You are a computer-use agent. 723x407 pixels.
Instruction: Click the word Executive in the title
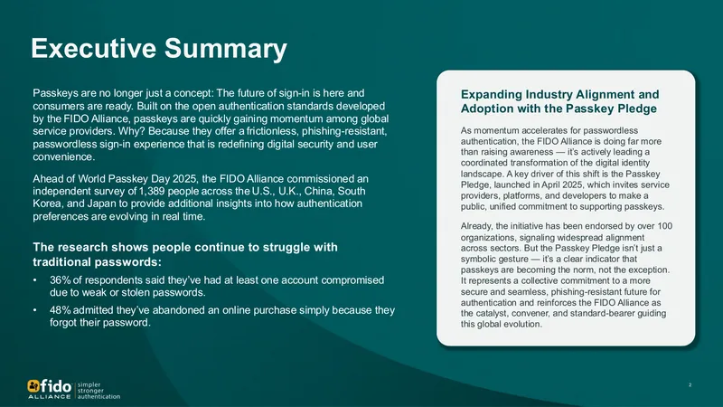94,48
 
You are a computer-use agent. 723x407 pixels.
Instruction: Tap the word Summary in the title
225,49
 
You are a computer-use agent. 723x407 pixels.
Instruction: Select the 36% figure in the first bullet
60,280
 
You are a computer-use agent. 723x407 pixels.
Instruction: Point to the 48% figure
60,310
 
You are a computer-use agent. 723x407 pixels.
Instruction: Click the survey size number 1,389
152,192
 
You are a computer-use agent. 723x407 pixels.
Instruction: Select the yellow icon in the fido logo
33,385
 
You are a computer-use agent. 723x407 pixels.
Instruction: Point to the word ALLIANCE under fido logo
50,396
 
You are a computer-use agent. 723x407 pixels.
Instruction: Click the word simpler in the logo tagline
89,384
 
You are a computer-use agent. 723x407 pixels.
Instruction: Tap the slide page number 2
690,385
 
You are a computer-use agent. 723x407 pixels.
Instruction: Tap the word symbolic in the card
477,260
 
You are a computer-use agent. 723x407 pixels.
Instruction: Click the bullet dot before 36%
34,280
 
